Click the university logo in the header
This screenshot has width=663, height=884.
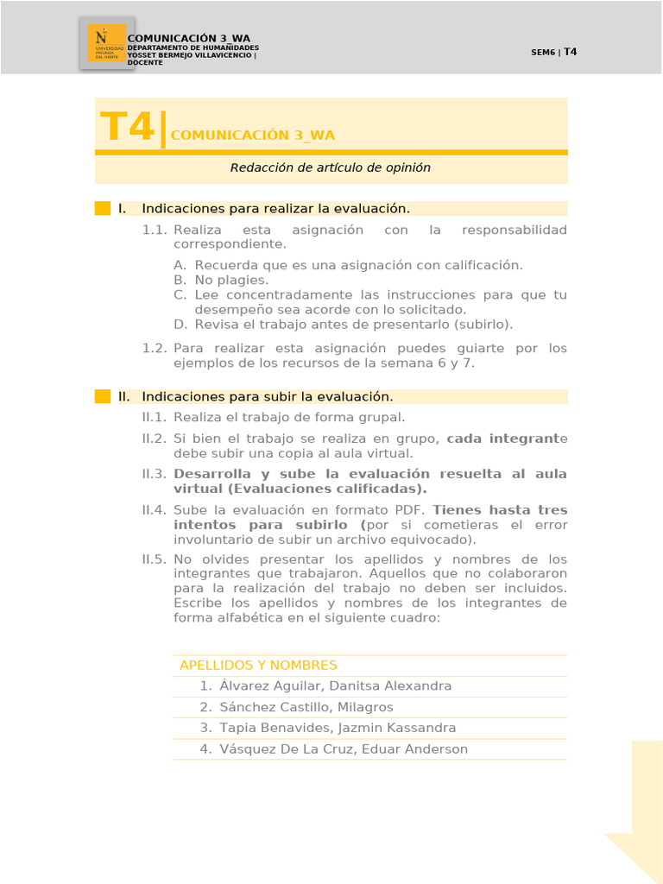(x=106, y=43)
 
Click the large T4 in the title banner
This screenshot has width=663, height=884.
(x=127, y=127)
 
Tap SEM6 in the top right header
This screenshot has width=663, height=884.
(x=543, y=52)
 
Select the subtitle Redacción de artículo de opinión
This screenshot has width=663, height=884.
(x=331, y=167)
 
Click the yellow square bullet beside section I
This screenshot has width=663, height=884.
(x=103, y=208)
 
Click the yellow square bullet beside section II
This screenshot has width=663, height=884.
(x=103, y=396)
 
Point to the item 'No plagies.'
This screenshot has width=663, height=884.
(x=231, y=280)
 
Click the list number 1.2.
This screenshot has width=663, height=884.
(x=155, y=348)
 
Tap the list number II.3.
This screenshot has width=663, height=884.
(x=155, y=474)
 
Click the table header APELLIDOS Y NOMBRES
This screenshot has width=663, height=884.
(x=258, y=665)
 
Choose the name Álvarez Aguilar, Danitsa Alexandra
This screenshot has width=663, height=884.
(x=335, y=685)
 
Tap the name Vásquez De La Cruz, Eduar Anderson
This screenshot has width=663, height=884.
(x=344, y=748)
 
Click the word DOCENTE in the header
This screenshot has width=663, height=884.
(x=145, y=62)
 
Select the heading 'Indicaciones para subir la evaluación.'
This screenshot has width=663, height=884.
(x=268, y=396)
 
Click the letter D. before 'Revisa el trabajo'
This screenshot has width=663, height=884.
(x=180, y=325)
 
